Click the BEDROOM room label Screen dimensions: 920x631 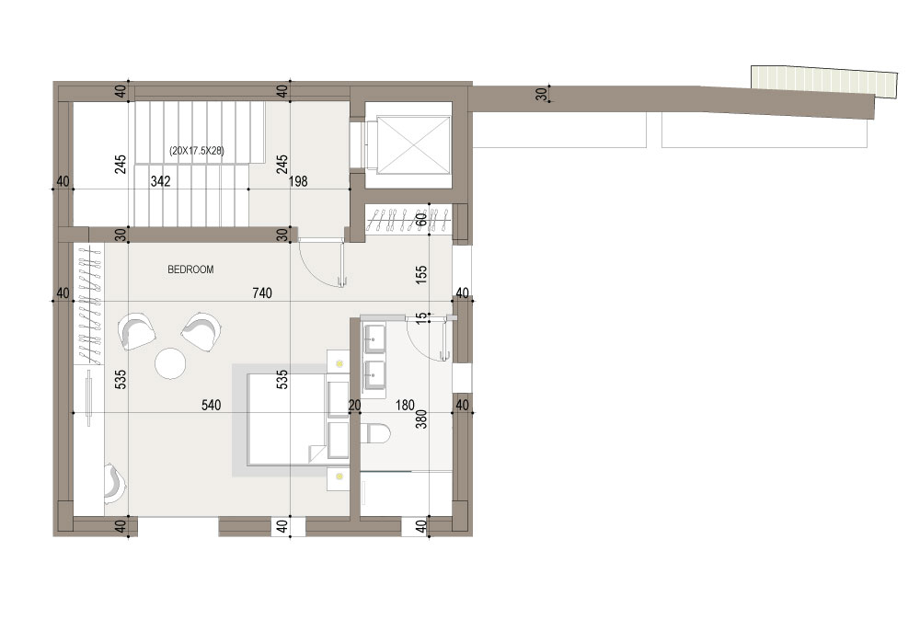(190, 270)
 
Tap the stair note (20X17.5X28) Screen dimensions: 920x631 (197, 151)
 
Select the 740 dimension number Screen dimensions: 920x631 (262, 293)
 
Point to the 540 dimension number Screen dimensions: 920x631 (212, 405)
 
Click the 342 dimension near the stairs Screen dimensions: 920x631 (160, 181)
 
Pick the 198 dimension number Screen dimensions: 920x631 (298, 181)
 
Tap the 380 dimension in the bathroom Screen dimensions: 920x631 (421, 419)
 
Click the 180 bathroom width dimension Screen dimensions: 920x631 (405, 405)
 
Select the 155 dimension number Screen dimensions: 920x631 (421, 275)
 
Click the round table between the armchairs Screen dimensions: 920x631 (170, 363)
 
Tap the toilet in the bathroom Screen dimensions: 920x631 (376, 434)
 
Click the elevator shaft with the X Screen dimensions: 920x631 (414, 145)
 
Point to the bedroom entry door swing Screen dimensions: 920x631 (320, 263)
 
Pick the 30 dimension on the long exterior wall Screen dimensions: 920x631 (541, 94)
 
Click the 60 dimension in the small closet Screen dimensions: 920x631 (421, 220)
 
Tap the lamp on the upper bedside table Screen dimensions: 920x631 (339, 364)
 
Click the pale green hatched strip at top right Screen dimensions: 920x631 (824, 80)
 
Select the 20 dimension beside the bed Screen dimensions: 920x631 (354, 405)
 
